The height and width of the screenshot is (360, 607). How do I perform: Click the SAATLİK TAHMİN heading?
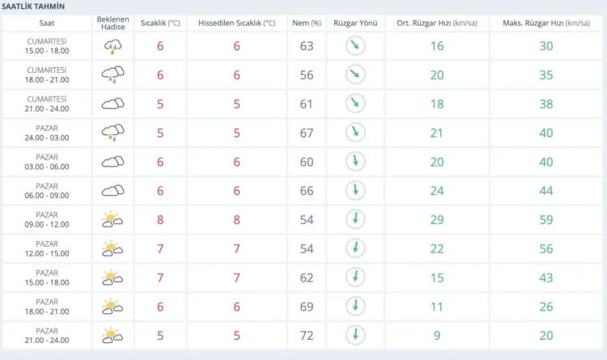coord(34,6)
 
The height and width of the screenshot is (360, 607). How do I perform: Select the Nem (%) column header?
coord(306,23)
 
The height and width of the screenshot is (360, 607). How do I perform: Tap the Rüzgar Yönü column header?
coord(354,23)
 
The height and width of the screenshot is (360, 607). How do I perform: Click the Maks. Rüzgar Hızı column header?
coord(545,23)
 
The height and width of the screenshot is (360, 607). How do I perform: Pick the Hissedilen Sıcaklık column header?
coord(236,23)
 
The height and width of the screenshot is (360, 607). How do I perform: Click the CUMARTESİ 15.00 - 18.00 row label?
coord(47,46)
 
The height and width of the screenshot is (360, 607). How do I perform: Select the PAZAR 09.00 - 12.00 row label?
coord(47,219)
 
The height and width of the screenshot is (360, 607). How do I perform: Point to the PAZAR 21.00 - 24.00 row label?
coord(47,335)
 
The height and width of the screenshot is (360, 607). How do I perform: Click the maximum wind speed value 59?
coord(545,219)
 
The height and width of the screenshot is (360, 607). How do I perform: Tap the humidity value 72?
coord(306,335)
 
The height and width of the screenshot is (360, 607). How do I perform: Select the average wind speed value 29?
coord(437,219)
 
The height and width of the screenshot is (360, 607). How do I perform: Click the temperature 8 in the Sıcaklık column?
coord(160,219)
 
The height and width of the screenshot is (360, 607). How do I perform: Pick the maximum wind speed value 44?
coord(545,190)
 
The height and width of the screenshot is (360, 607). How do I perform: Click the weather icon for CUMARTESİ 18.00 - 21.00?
coord(112,75)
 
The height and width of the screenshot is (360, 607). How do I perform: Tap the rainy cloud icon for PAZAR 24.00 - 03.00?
coord(112,133)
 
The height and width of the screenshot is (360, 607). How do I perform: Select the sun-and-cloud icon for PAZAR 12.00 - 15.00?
coord(112,248)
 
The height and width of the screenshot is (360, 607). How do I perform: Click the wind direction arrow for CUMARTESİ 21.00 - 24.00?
coord(354,104)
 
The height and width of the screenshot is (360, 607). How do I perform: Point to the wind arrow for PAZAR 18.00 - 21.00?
coord(354,306)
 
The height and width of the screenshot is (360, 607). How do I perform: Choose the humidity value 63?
coord(306,46)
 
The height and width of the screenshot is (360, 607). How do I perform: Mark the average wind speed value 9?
coord(437,335)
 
